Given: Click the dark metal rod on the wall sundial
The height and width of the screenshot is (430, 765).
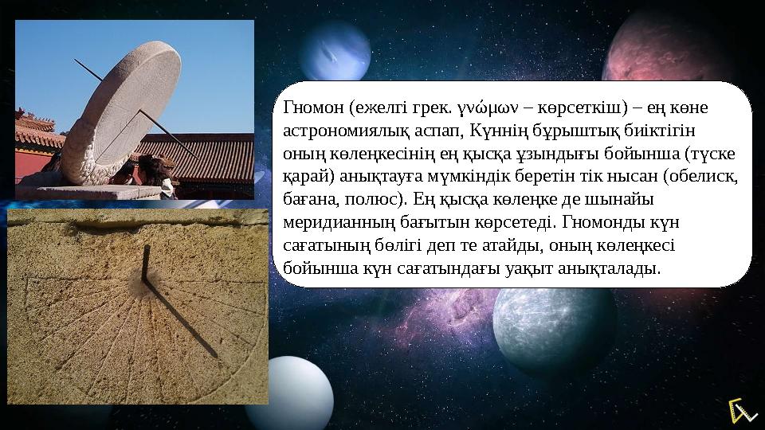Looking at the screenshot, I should click(146, 264).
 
